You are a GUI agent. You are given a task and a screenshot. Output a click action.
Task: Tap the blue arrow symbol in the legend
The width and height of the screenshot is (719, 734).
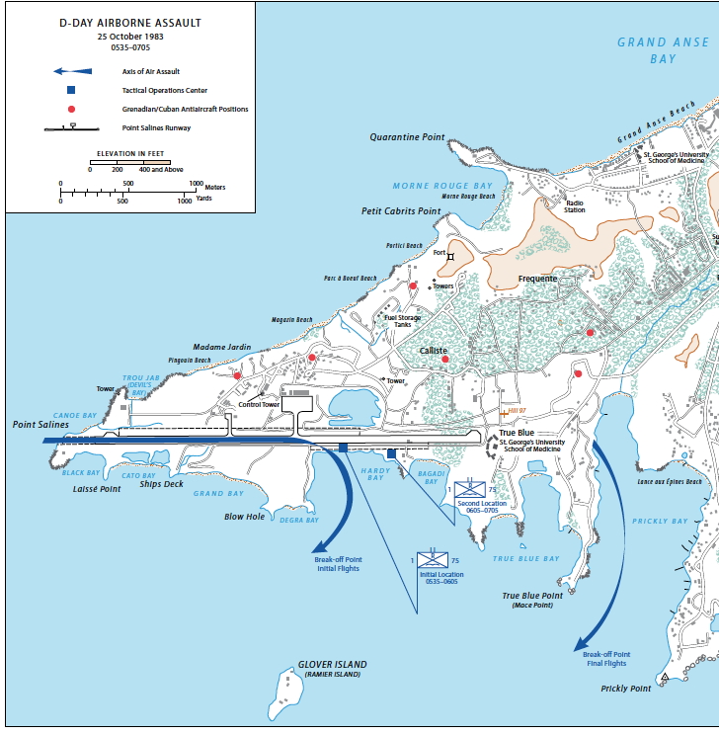point(72,71)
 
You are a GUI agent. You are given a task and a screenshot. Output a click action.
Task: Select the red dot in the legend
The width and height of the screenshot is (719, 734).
point(71,109)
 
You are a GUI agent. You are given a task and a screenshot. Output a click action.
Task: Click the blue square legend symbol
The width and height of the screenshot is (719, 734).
point(71,90)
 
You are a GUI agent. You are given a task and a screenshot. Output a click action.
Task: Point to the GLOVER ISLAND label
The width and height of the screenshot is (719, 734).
point(332,665)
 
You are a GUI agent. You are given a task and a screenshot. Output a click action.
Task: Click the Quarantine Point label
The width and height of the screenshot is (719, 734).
point(407,137)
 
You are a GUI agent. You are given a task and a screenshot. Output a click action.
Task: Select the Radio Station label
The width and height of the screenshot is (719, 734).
point(575,205)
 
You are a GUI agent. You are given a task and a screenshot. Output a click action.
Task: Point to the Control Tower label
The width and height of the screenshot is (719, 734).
point(260,405)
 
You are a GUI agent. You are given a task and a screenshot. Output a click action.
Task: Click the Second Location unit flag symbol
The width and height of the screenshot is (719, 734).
point(468,488)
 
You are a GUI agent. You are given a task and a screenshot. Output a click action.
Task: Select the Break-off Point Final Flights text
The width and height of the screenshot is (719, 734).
point(606,659)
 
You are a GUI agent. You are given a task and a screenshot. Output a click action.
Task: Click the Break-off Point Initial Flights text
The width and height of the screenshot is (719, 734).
point(338,564)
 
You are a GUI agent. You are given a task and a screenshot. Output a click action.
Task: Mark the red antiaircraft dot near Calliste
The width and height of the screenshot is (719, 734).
point(445,360)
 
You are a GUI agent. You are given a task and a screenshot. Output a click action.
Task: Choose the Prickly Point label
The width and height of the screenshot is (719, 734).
point(626,689)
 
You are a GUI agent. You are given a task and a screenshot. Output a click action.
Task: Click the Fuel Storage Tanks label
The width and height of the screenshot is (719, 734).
point(402,321)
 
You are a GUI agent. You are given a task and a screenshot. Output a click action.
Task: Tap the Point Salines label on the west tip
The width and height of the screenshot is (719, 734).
point(40,425)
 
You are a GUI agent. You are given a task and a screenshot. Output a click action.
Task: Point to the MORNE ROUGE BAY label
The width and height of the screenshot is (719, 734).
point(442,186)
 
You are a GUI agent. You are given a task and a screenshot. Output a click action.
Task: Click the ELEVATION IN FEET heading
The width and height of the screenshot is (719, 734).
point(129,155)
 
